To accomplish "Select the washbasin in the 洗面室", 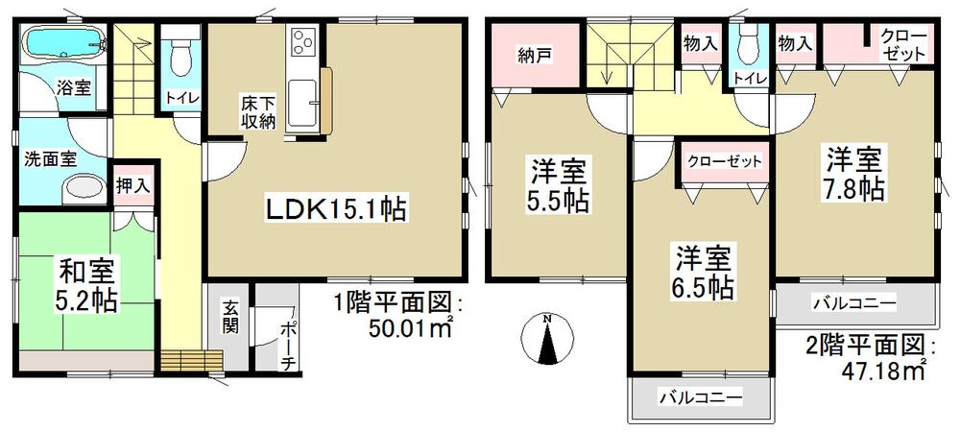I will pyautogui.click(x=85, y=189).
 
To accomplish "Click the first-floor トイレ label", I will pyautogui.click(x=180, y=97).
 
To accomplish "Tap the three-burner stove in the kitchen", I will pyautogui.click(x=303, y=44).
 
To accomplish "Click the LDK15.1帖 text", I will pyautogui.click(x=326, y=206).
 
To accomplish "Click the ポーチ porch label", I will pyautogui.click(x=288, y=342).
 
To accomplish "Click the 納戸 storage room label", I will pyautogui.click(x=534, y=54).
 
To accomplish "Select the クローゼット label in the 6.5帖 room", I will pyautogui.click(x=726, y=160).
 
